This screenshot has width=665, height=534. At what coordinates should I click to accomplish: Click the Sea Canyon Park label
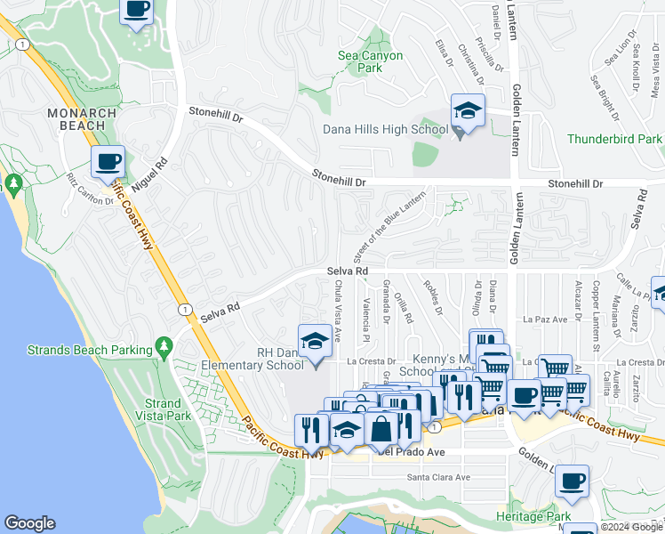point(370,61)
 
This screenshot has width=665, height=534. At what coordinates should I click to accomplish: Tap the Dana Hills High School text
point(385,129)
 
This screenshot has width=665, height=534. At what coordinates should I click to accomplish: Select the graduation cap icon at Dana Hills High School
point(468,111)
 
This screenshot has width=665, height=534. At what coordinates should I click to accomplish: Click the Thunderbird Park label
point(615,139)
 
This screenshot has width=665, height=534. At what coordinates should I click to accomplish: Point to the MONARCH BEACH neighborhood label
point(82,119)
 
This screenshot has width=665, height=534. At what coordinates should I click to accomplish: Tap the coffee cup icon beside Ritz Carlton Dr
point(108,163)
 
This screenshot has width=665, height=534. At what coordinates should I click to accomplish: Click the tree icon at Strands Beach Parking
point(163,345)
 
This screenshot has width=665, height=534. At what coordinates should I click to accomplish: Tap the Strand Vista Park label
point(163,409)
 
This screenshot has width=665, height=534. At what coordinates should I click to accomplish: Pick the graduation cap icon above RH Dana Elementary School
point(314,341)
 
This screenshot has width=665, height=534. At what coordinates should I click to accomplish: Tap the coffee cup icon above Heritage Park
point(572,481)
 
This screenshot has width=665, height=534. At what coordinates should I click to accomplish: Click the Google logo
point(29,523)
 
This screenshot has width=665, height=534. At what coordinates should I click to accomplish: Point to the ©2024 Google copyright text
point(631,527)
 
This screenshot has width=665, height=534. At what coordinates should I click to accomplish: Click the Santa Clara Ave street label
point(438,477)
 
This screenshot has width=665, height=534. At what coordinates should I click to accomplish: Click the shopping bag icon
point(381,429)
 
